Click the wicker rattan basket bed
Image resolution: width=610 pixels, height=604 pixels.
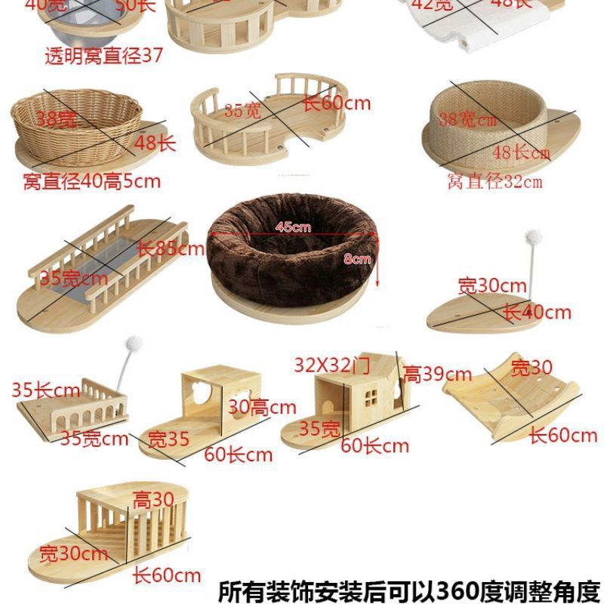click(x=75, y=121)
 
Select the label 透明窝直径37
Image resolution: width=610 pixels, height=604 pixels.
click(x=103, y=57)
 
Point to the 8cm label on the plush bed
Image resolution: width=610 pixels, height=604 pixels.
click(x=356, y=258)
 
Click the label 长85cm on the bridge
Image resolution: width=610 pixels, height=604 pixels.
click(x=170, y=248)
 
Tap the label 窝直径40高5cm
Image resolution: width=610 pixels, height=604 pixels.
click(x=91, y=181)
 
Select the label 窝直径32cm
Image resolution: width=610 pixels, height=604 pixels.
click(x=494, y=181)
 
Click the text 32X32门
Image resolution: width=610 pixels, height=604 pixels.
click(x=332, y=366)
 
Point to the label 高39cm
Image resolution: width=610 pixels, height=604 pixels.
click(x=437, y=373)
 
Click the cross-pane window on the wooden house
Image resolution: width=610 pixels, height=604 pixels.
click(x=371, y=394)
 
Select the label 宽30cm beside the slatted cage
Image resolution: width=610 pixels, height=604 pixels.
click(x=74, y=553)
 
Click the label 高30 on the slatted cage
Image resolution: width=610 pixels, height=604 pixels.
click(x=153, y=499)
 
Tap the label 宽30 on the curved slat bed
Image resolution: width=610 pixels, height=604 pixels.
click(x=531, y=368)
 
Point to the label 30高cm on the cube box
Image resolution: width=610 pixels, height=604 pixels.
click(x=263, y=408)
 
